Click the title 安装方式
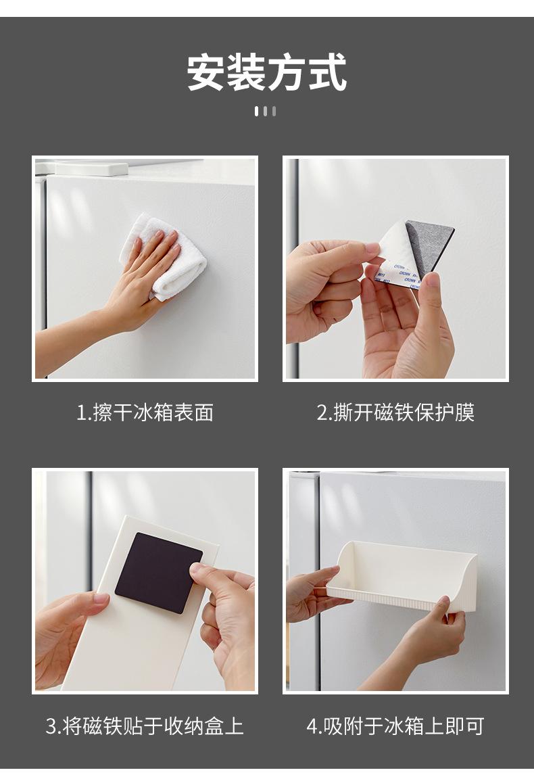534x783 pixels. [x=267, y=72]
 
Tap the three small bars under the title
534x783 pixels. [x=265, y=111]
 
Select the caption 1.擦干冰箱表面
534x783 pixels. [x=145, y=412]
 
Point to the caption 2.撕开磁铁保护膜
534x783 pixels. [x=395, y=412]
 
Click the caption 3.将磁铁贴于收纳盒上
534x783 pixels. [x=145, y=726]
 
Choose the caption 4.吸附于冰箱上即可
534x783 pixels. [x=395, y=726]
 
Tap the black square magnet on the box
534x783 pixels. [x=159, y=573]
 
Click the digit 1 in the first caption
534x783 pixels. [x=80, y=413]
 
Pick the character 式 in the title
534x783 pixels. [x=328, y=72]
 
